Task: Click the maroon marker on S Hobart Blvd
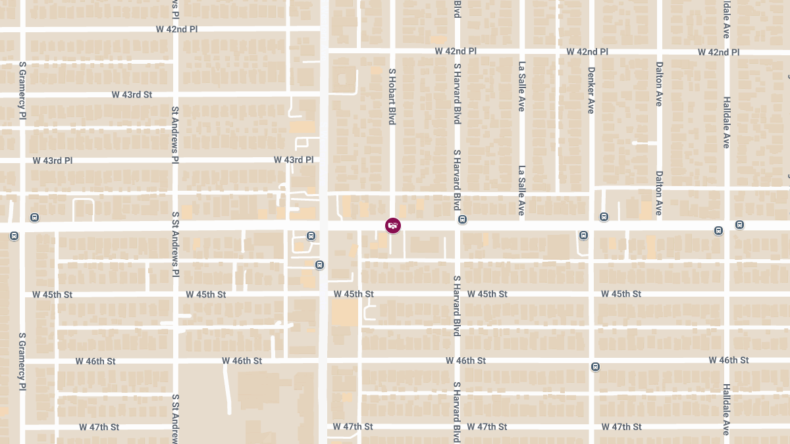click(x=393, y=226)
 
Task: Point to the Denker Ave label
click(x=591, y=90)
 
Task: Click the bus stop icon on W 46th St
click(x=595, y=367)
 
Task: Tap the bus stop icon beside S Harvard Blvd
click(x=463, y=220)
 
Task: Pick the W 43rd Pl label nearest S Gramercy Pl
click(x=53, y=160)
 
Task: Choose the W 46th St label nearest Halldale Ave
click(x=729, y=360)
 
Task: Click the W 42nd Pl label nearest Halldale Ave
click(x=719, y=52)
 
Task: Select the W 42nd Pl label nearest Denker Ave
click(x=587, y=52)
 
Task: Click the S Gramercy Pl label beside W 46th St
click(x=22, y=360)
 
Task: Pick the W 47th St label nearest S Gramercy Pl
click(x=99, y=427)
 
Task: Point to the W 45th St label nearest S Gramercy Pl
click(x=52, y=295)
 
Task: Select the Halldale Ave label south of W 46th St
click(x=726, y=409)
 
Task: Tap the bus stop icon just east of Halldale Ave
click(x=740, y=225)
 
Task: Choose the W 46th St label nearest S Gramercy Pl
click(x=95, y=361)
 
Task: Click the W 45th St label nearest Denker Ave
click(x=621, y=294)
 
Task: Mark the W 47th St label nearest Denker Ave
click(x=621, y=427)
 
